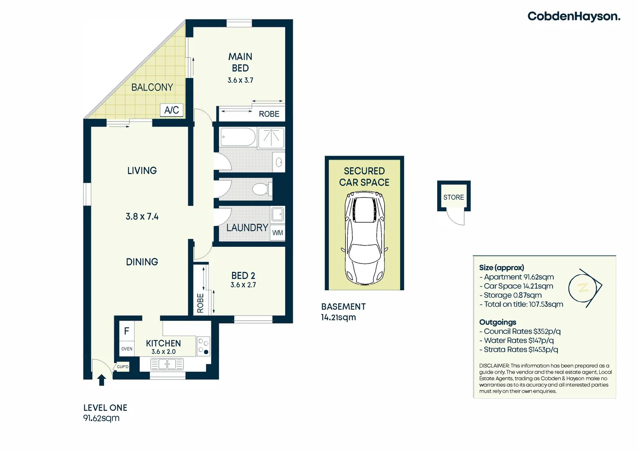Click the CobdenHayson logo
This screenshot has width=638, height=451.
click(x=573, y=16)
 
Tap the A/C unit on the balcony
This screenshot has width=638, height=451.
click(x=172, y=110)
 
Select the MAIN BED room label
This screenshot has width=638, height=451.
click(x=240, y=62)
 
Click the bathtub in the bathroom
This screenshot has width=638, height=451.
click(x=238, y=137)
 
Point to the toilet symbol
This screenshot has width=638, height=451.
click(x=261, y=189)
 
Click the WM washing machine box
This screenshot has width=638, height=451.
click(x=278, y=233)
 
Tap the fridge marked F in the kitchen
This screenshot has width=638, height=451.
click(x=127, y=331)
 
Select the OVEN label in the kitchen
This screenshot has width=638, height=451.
click(x=127, y=349)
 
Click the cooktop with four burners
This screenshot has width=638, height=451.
click(x=203, y=346)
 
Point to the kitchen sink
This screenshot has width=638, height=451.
click(x=167, y=365)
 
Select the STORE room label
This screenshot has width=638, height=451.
click(x=453, y=197)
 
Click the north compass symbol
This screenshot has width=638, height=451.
click(x=585, y=288)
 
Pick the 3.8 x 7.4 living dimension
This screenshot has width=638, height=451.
click(x=142, y=216)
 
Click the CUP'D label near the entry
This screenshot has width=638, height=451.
click(x=123, y=367)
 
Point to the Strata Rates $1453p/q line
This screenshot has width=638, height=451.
click(x=521, y=350)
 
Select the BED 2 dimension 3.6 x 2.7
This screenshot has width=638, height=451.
click(x=243, y=285)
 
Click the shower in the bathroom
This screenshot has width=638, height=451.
click(x=271, y=138)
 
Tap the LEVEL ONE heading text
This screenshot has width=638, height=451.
click(x=105, y=408)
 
